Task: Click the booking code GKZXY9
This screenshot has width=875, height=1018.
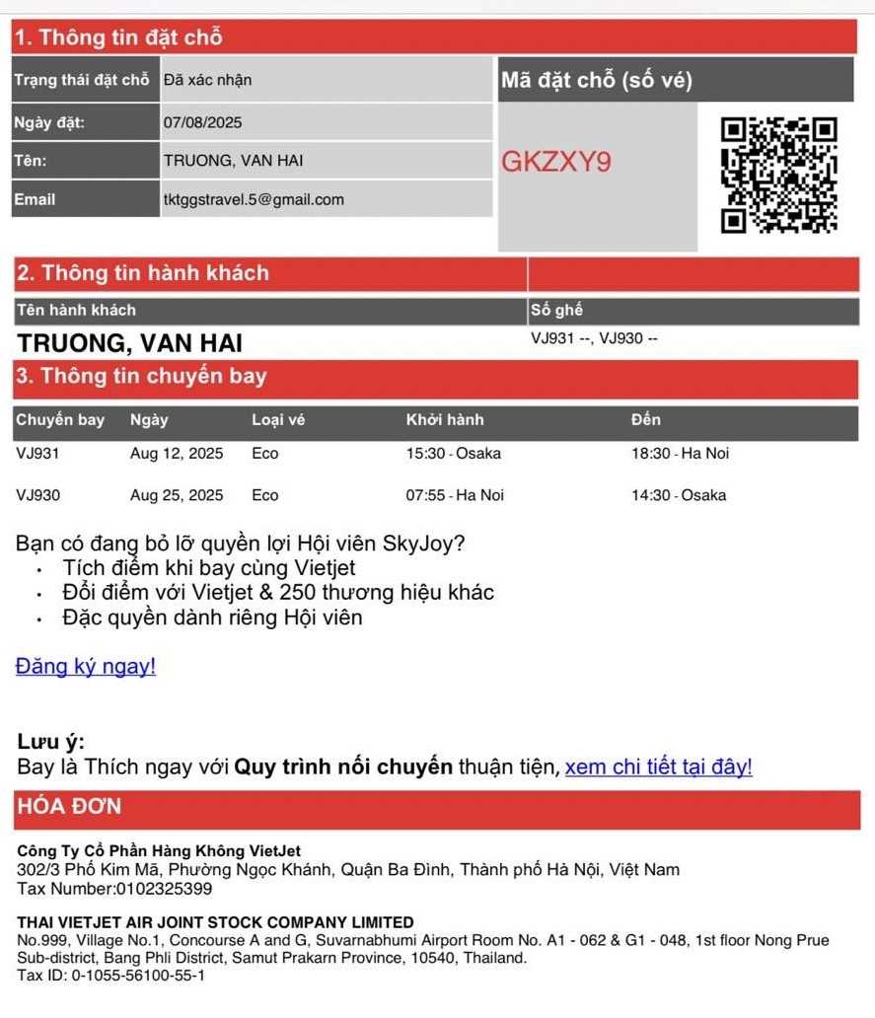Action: [555, 162]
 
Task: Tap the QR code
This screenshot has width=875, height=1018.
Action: [778, 175]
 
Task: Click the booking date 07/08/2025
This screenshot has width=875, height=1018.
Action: [202, 123]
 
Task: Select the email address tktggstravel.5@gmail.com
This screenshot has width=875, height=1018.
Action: [254, 199]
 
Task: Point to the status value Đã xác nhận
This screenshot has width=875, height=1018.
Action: [207, 80]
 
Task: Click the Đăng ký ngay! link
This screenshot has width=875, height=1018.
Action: [86, 667]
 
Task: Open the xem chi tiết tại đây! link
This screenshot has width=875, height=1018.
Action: [658, 767]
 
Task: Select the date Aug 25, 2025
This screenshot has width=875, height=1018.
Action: [177, 495]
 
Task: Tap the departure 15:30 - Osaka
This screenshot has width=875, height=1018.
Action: [453, 454]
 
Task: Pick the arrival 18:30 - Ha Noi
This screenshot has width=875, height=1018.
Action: [680, 454]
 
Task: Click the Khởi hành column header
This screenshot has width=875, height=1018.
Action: [445, 420]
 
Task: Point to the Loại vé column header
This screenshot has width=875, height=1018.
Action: [278, 420]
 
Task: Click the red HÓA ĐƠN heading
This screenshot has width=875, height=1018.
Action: [68, 807]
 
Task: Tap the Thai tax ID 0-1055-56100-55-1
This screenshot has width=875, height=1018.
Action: [138, 976]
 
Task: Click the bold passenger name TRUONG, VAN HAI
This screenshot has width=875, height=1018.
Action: [129, 343]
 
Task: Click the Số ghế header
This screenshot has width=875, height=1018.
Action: [556, 311]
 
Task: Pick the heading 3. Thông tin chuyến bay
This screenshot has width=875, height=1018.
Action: [140, 377]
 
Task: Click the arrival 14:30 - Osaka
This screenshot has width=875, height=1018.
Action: [679, 495]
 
